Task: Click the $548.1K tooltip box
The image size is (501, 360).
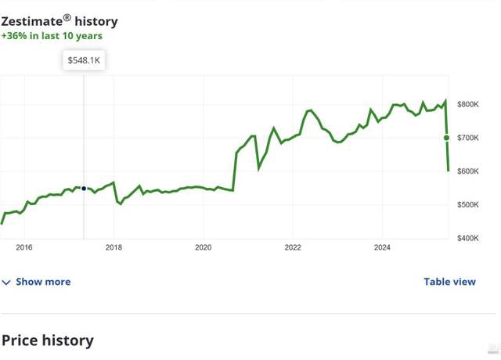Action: point(84,60)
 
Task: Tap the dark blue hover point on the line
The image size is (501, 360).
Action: point(84,189)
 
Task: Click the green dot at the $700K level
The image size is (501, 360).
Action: point(446,138)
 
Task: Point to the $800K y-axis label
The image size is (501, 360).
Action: point(468,104)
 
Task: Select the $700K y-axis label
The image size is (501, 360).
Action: point(468,138)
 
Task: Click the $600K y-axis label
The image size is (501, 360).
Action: point(468,171)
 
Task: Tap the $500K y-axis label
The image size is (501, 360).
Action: point(468,204)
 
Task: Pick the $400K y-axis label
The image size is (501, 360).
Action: point(468,238)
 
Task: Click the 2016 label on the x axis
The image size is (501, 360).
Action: point(24,247)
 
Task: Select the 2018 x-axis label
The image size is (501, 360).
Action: point(114,247)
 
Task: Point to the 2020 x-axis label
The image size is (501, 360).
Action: point(204,247)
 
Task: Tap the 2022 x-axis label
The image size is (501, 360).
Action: point(293,247)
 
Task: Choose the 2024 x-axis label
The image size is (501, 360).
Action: point(382,247)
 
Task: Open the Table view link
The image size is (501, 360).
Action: point(449,282)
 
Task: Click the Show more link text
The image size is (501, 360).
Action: point(43,282)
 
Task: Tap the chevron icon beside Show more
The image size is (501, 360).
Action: point(6,283)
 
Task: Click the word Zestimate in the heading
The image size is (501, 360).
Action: point(31,22)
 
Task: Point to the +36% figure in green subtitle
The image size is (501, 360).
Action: point(14,36)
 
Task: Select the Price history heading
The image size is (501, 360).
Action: point(47,340)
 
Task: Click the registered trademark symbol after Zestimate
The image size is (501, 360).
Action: point(67,18)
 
